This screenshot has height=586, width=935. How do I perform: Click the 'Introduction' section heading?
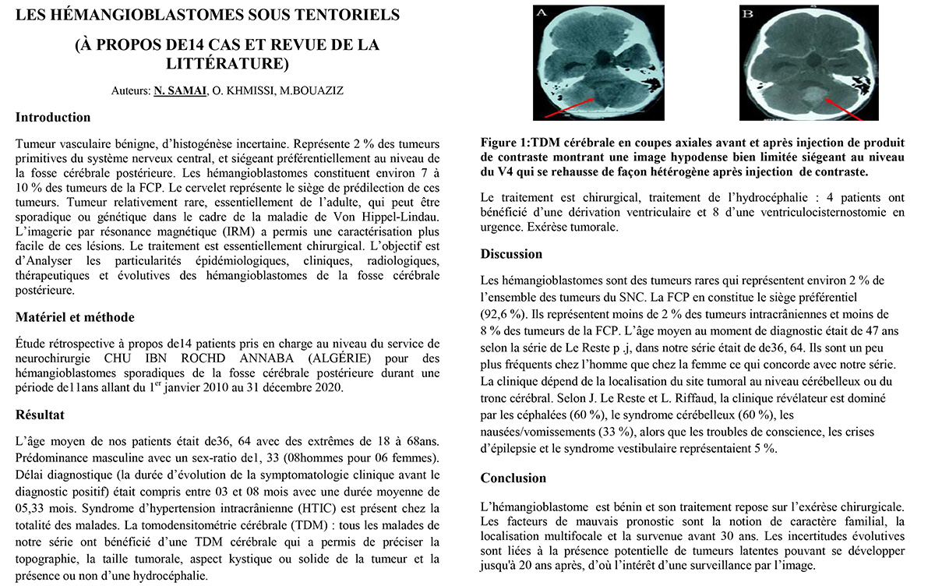(53, 118)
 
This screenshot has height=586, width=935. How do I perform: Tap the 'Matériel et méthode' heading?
(75, 317)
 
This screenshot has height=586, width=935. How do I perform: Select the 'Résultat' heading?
(41, 414)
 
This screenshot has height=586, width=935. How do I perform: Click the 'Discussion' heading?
(511, 254)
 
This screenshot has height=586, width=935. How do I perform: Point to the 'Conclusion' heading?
(513, 478)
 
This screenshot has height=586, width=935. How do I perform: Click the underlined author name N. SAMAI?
(182, 91)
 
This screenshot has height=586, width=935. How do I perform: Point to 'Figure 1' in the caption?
(504, 143)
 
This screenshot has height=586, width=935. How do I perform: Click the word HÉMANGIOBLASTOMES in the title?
(147, 15)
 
